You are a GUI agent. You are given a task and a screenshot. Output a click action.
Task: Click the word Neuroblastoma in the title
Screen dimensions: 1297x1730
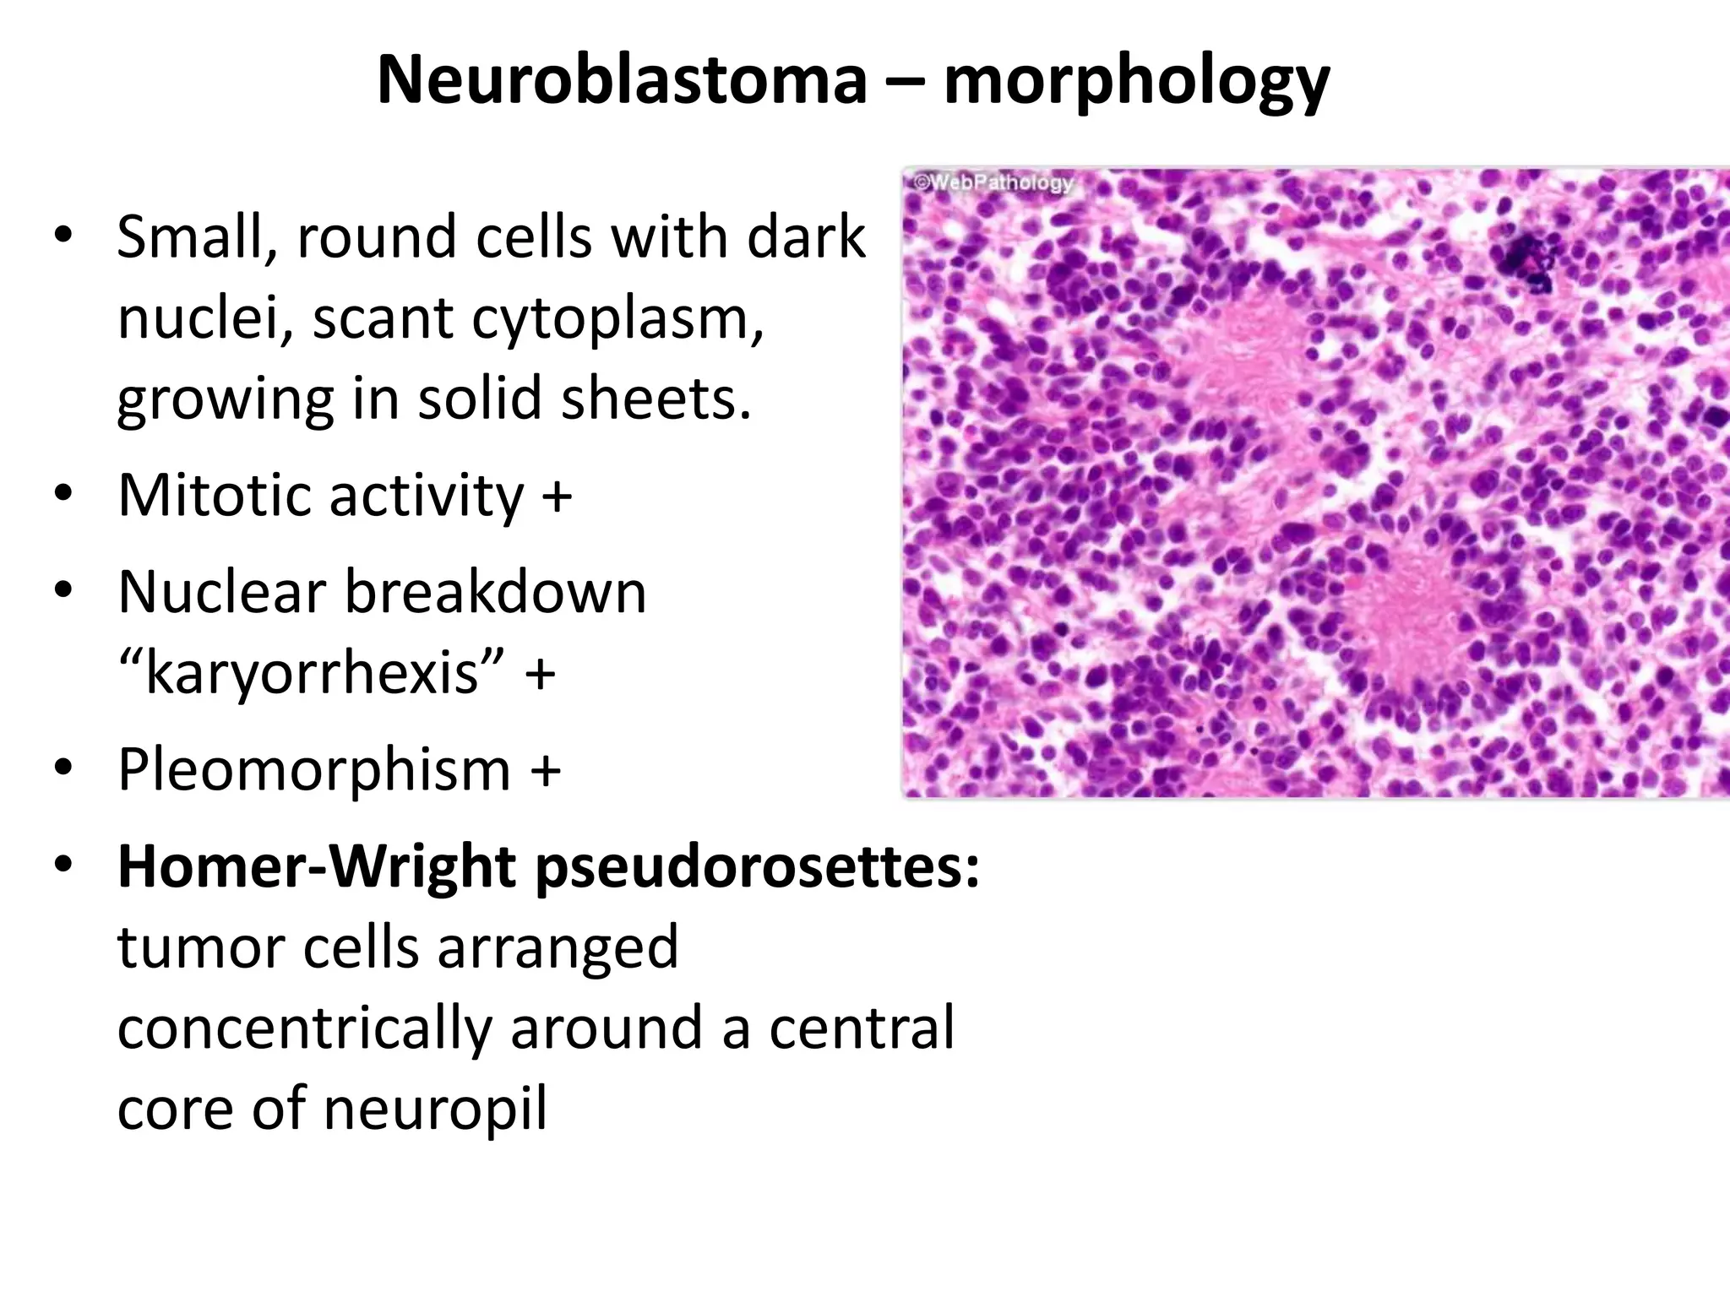click(x=622, y=81)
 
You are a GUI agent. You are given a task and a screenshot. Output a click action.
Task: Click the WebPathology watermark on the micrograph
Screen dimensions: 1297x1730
click(x=994, y=182)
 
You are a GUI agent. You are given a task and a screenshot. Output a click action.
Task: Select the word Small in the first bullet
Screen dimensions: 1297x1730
click(x=196, y=237)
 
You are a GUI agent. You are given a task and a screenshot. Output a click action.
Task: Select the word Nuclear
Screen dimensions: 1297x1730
click(x=221, y=592)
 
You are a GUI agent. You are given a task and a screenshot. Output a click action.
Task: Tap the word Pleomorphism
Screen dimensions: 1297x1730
click(x=314, y=770)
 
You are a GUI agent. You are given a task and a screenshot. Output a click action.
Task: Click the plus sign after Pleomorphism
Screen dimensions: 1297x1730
click(x=546, y=770)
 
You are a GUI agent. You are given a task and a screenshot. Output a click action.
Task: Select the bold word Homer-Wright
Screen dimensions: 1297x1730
click(x=317, y=867)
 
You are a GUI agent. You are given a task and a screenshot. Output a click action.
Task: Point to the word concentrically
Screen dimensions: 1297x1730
click(x=304, y=1028)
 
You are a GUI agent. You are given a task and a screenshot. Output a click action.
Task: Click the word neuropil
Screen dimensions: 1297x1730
click(x=435, y=1109)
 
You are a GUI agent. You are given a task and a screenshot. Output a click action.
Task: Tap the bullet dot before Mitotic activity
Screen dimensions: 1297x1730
click(x=63, y=493)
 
